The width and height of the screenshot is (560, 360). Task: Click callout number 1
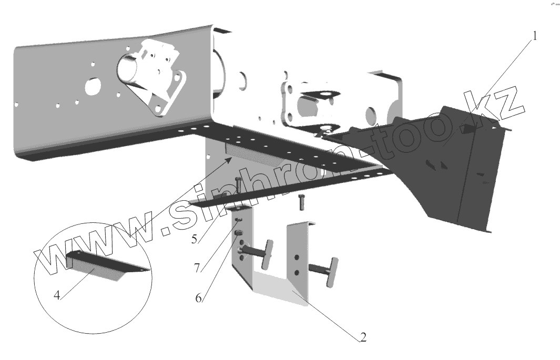[x=535, y=36]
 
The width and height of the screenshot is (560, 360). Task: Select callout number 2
[x=362, y=337]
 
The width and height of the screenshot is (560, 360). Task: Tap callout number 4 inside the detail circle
[x=57, y=295]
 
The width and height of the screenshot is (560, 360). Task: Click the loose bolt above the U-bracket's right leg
[x=301, y=202]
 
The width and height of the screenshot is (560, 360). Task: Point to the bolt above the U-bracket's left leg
[x=238, y=186]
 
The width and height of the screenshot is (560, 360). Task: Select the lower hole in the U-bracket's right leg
[x=297, y=273]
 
